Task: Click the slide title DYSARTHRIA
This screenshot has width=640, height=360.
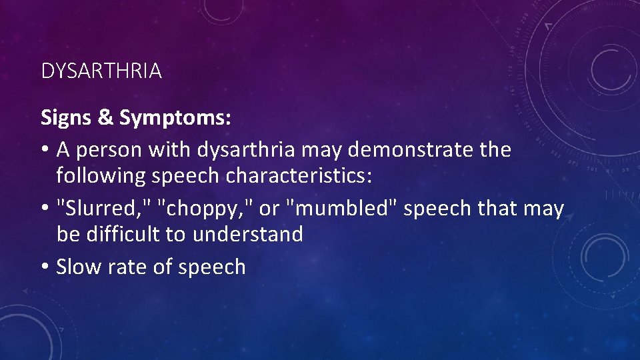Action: point(101,71)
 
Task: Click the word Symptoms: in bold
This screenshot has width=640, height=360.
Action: point(175,118)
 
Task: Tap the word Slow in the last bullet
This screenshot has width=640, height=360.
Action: point(75,267)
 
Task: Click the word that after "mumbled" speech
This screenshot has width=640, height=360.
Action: point(487,209)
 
